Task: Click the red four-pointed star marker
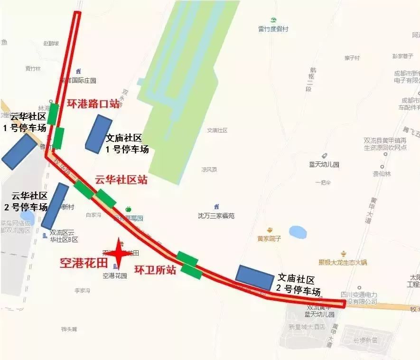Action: pos(118,254)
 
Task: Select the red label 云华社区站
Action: pos(121,180)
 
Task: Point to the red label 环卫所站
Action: pos(156,270)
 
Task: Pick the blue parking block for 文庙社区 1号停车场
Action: pos(99,133)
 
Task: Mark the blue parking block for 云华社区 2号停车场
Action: pos(55,206)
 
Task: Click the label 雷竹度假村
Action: pos(273,29)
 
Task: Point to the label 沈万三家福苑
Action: pos(216,216)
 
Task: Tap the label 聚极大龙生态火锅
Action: pos(343,262)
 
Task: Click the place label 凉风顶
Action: pos(209,170)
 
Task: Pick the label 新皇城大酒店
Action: pos(306,327)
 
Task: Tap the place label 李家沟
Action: pos(82,290)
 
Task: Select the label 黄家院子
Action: pos(269,238)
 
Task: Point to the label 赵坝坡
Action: pos(51,44)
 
